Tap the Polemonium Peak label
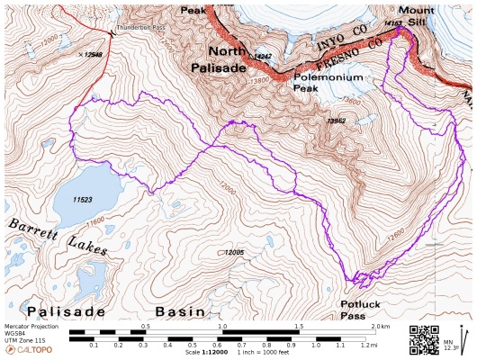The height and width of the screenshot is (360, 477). point(329,83)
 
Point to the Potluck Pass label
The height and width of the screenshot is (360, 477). point(363,310)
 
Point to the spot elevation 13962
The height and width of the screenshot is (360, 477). point(337,121)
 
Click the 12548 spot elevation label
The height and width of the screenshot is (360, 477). point(92,55)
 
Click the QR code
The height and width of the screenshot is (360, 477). point(423,338)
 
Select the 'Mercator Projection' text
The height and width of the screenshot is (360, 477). point(31,327)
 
